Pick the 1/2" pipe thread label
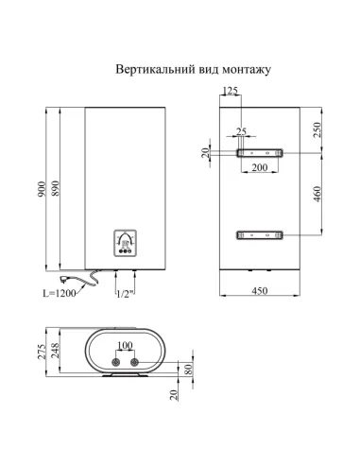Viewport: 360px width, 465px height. tap(122, 293)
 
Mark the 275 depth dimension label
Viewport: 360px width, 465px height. tap(41, 354)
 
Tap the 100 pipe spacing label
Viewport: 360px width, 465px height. tap(127, 345)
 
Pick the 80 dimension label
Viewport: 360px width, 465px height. tap(190, 370)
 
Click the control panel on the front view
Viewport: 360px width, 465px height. tap(127, 243)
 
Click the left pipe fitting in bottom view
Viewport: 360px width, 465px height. tap(117, 362)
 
